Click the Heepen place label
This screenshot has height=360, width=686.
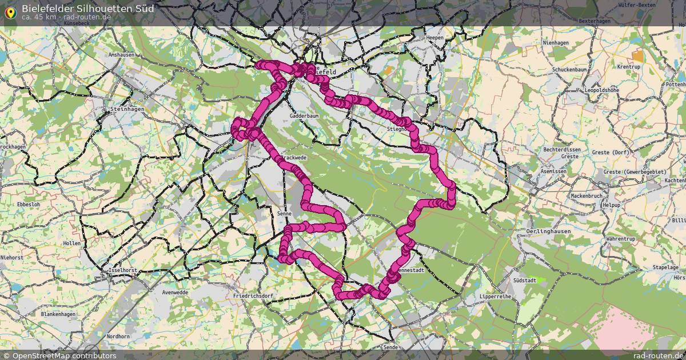(x=434, y=38)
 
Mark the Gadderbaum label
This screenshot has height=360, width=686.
(x=304, y=115)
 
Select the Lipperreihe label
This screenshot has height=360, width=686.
(x=495, y=298)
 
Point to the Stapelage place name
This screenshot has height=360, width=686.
(x=665, y=267)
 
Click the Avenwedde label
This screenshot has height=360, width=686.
(x=175, y=292)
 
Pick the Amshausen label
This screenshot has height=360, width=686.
(x=121, y=55)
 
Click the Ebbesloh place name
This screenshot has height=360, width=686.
(x=28, y=204)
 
